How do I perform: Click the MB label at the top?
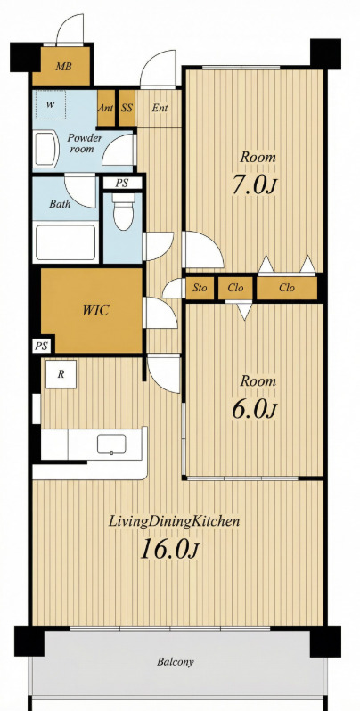pyautogui.click(x=63, y=67)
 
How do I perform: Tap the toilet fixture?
pyautogui.click(x=123, y=212)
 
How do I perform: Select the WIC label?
pyautogui.click(x=95, y=311)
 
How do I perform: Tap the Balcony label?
pyautogui.click(x=176, y=662)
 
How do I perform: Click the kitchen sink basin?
pyautogui.click(x=111, y=444)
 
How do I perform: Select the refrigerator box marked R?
pyautogui.click(x=61, y=374)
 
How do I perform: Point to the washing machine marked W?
pyautogui.click(x=51, y=105)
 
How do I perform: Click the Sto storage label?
pyautogui.click(x=200, y=288)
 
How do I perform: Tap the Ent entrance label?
pyautogui.click(x=160, y=108)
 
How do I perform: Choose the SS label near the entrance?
pyautogui.click(x=127, y=108)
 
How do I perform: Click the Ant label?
pyautogui.click(x=106, y=108)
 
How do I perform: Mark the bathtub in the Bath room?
pyautogui.click(x=66, y=242)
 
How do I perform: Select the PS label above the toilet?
pyautogui.click(x=121, y=184)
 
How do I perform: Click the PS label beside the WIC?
pyautogui.click(x=42, y=346)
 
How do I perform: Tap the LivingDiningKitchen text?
pyautogui.click(x=174, y=521)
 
